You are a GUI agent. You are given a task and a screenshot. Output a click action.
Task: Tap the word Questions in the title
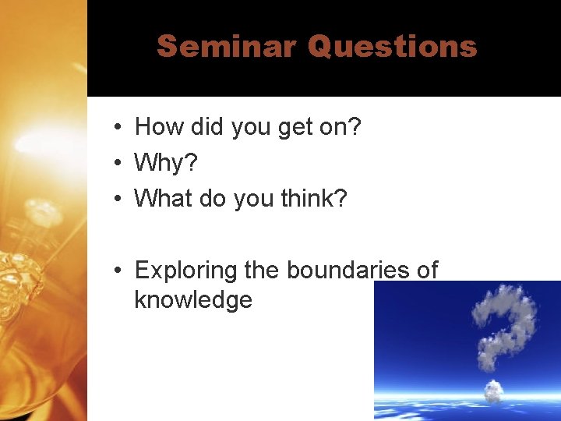click(392, 47)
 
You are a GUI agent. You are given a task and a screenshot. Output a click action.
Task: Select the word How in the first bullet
click(157, 126)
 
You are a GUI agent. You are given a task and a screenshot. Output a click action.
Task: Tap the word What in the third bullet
click(163, 198)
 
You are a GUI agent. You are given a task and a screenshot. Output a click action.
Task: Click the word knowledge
click(193, 299)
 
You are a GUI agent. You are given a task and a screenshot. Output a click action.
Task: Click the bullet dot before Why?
click(115, 163)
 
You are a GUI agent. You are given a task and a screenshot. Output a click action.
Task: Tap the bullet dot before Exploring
click(115, 271)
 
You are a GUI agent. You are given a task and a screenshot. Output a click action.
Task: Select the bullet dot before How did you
click(115, 127)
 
